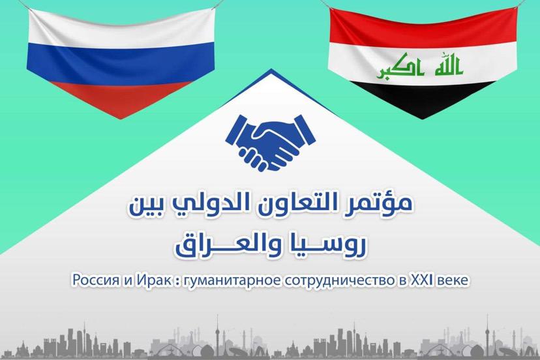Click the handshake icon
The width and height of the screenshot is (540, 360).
point(271,143)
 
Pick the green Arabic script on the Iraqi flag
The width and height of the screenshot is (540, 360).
point(419,66)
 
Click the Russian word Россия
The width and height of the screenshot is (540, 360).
point(95,280)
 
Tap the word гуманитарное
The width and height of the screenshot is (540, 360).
point(232,281)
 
